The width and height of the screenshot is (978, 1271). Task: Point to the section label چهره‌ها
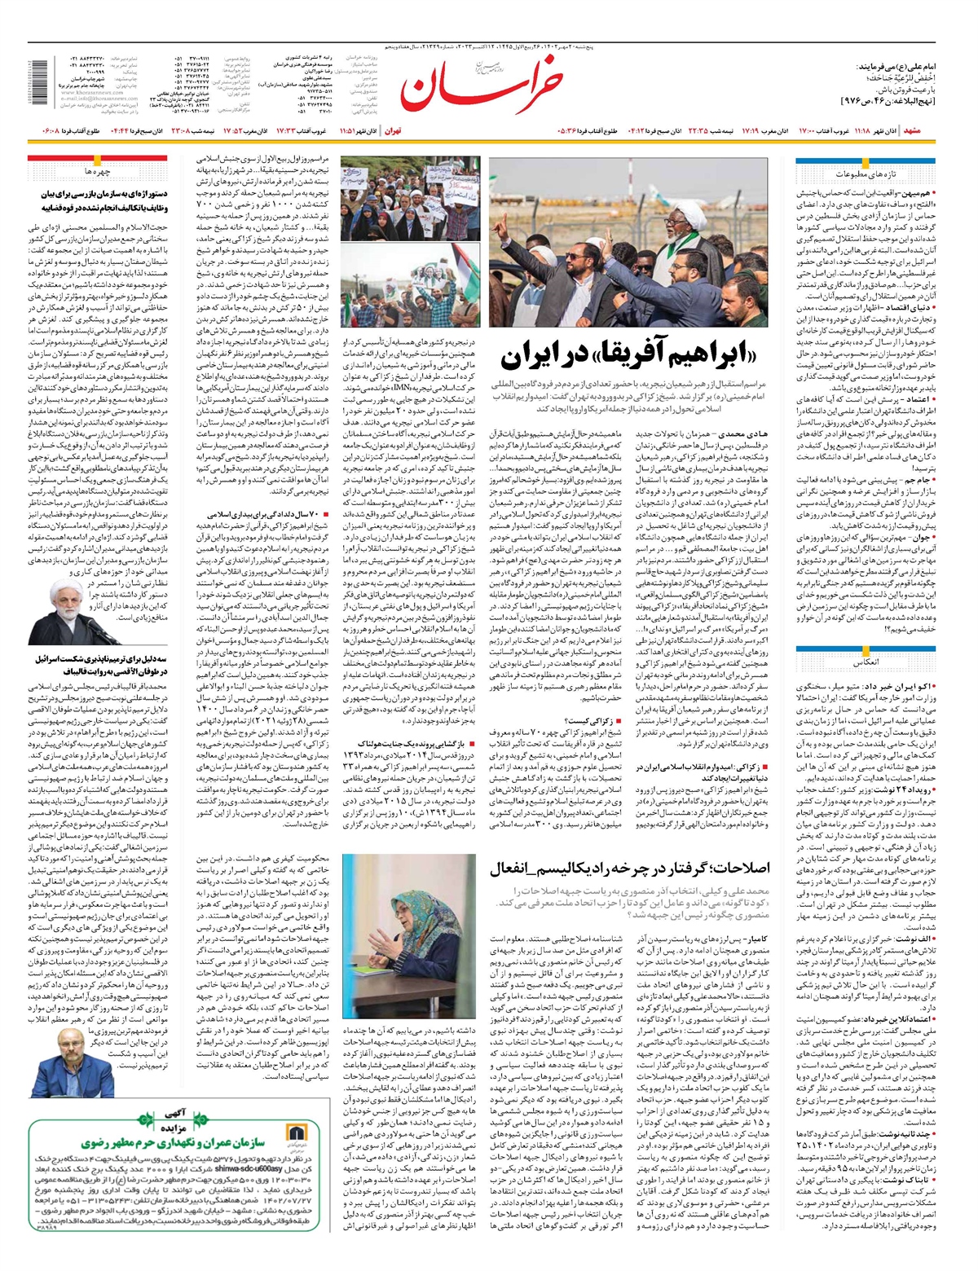point(98,172)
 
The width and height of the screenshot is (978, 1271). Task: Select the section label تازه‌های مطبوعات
point(865,175)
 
